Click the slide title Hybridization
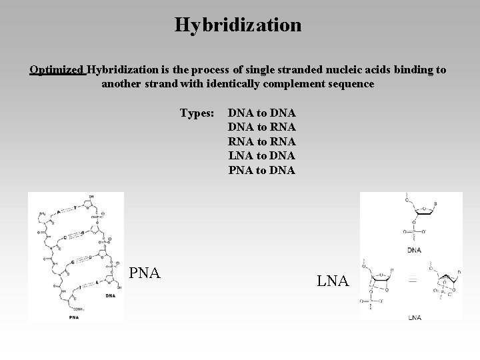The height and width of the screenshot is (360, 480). tap(238, 25)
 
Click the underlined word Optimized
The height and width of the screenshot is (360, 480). tap(57, 69)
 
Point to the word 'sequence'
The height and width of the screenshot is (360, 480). tap(349, 85)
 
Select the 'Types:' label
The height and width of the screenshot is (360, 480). tap(197, 113)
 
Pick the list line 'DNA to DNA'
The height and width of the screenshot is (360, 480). tap(262, 113)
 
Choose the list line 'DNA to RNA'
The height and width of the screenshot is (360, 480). tap(262, 127)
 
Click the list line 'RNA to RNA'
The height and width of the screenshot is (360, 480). tap(262, 141)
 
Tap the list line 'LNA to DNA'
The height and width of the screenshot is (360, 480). tap(262, 155)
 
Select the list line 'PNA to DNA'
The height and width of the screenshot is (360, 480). tap(262, 169)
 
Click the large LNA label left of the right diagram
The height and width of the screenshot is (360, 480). tap(333, 281)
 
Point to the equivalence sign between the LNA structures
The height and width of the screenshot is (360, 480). tap(413, 281)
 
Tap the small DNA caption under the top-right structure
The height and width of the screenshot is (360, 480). tap(414, 250)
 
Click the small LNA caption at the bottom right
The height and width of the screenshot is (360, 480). tap(414, 317)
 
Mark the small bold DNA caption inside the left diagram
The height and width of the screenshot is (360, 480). tap(109, 295)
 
